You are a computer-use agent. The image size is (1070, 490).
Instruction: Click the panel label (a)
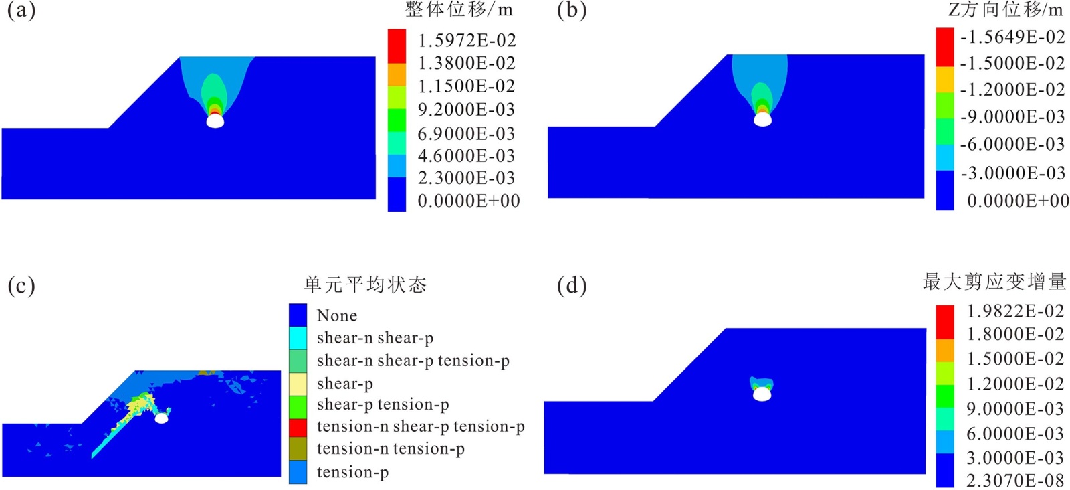21,11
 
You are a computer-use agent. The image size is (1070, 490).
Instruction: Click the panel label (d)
572,286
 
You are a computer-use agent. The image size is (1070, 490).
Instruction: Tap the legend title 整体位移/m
459,10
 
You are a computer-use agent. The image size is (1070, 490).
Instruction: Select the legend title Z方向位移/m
1005,10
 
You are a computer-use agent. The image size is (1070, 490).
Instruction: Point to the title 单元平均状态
365,285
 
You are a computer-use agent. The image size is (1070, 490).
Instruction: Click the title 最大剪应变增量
994,282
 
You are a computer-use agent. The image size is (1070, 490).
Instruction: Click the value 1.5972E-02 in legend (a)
467,41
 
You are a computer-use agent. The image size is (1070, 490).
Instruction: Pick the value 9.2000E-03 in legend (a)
466,110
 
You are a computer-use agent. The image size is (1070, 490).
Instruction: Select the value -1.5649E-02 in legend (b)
1012,37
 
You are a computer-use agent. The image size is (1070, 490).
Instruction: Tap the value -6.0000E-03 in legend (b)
1012,144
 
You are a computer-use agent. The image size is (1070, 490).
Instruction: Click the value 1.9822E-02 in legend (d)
1014,311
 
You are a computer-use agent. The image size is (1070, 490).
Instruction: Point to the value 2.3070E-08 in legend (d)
1014,480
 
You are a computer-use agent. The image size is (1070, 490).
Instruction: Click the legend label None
337,315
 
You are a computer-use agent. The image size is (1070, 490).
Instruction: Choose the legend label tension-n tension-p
391,448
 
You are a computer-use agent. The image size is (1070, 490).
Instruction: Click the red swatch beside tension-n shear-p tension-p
298,427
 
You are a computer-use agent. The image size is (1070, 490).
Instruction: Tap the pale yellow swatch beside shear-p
298,383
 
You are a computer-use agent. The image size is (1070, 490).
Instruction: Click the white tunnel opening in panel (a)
215,122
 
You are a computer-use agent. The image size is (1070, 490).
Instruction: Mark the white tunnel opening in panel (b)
762,120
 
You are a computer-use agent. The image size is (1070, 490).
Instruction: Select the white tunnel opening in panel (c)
161,418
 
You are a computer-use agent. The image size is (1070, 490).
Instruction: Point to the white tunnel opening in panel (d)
762,395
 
